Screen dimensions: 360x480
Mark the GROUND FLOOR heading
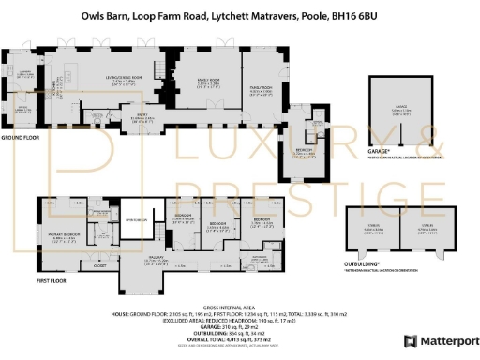[19, 137]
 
